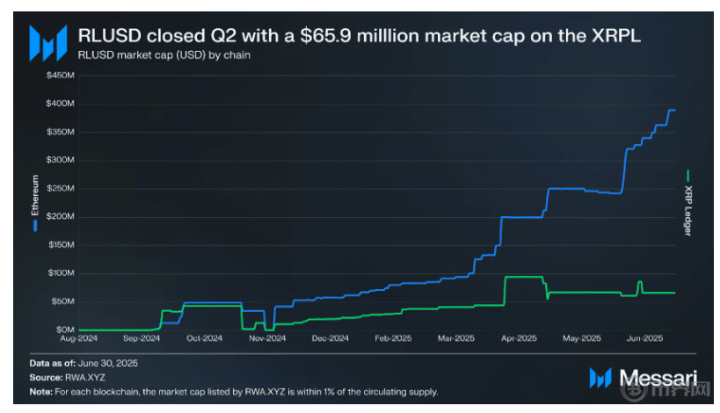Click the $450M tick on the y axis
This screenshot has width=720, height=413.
pyautogui.click(x=59, y=75)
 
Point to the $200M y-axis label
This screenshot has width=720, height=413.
pyautogui.click(x=59, y=216)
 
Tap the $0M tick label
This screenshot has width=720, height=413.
pyautogui.click(x=63, y=330)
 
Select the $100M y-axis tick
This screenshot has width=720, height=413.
pyautogui.click(x=59, y=273)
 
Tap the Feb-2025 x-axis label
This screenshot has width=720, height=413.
pyautogui.click(x=394, y=338)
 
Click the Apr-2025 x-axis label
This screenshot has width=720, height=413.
pyautogui.click(x=520, y=338)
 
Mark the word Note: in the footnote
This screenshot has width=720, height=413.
pyautogui.click(x=40, y=391)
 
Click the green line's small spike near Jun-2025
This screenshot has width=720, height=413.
pyautogui.click(x=639, y=282)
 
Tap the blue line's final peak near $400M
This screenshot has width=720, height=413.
pyautogui.click(x=671, y=111)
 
